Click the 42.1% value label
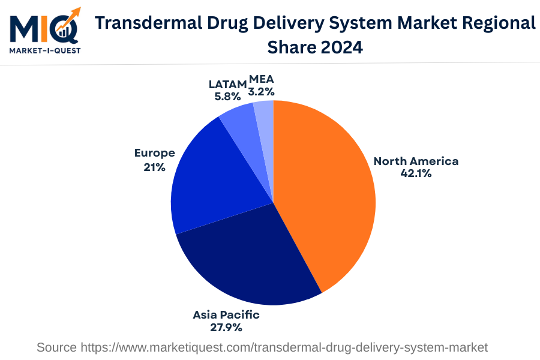(x=416, y=173)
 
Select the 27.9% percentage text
(x=226, y=328)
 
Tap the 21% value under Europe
(x=154, y=167)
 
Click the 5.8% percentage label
(x=227, y=96)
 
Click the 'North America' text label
(x=416, y=161)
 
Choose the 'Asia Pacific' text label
(x=226, y=314)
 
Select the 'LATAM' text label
(x=227, y=84)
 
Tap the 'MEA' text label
(x=262, y=79)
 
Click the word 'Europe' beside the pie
(x=154, y=153)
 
